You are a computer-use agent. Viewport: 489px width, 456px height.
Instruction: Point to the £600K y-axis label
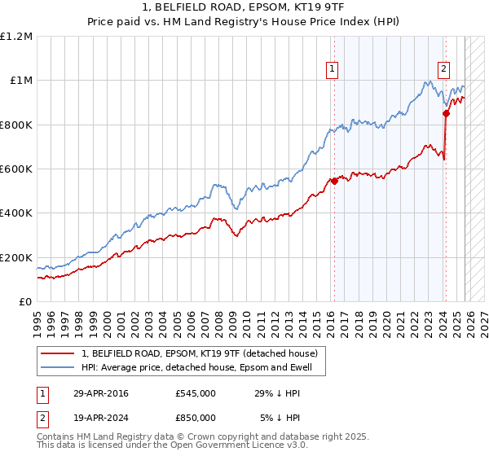[x=16, y=169]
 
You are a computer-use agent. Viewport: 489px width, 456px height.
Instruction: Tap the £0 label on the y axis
[x=24, y=302]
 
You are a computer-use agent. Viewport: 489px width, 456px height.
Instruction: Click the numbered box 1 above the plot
[x=333, y=70]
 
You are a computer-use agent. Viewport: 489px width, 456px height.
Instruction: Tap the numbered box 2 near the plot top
[x=444, y=70]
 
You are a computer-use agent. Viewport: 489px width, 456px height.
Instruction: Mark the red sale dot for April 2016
[x=334, y=182]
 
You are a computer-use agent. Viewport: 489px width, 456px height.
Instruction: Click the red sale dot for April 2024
[x=446, y=114]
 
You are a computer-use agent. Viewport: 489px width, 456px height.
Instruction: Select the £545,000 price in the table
[x=195, y=393]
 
